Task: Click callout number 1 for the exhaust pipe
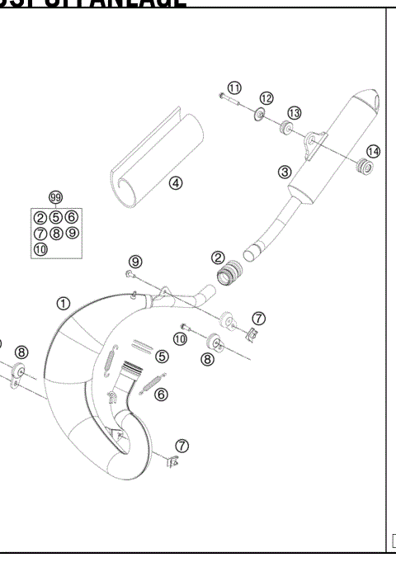64,303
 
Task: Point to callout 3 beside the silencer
285,172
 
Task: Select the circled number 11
235,87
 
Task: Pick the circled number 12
266,99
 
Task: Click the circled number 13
294,113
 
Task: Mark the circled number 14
374,152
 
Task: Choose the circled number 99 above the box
55,197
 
